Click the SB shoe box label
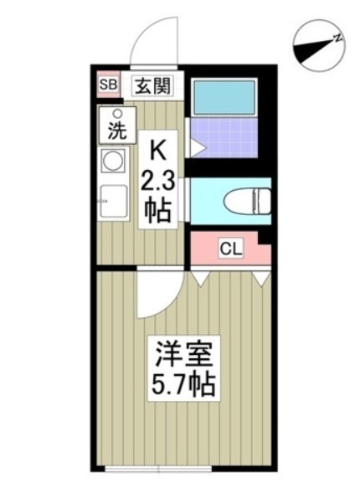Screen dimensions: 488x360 (109, 85)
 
